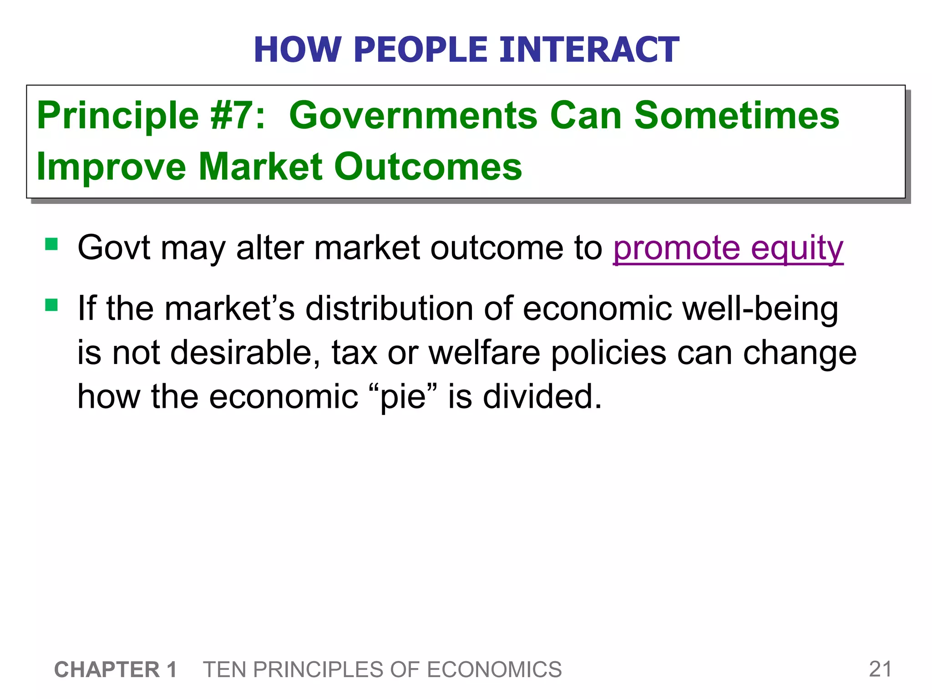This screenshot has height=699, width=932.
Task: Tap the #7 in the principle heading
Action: (237, 116)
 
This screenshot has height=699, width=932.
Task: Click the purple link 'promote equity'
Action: (728, 248)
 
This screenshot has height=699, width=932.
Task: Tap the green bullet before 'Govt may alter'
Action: (51, 245)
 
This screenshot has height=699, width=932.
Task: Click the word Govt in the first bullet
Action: (114, 248)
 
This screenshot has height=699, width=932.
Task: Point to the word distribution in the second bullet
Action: (389, 309)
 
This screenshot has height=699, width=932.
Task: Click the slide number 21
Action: (880, 669)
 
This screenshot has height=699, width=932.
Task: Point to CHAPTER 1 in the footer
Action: (116, 670)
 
